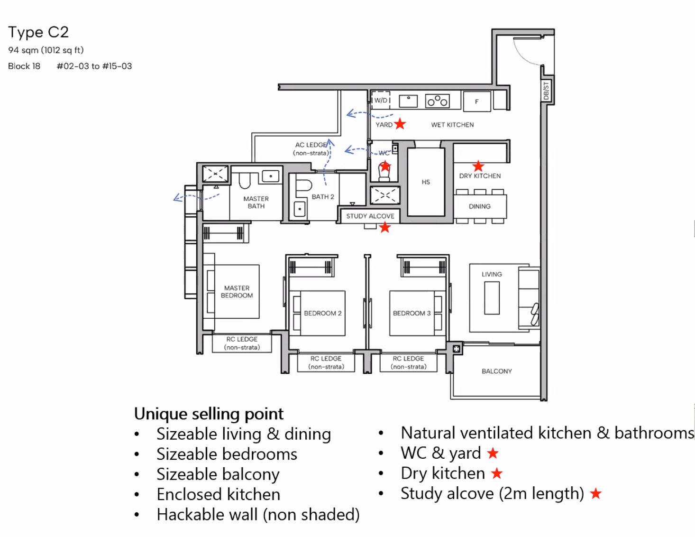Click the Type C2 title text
38,32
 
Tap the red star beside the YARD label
400,124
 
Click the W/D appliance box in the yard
381,100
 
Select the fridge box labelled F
476,102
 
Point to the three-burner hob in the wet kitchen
437,101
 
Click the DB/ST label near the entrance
546,91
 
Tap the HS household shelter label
426,182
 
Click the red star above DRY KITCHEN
478,166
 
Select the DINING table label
480,206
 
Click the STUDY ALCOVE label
370,216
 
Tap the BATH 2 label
323,197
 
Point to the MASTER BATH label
256,203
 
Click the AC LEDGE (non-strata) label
311,149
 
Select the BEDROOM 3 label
412,313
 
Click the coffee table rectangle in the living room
492,298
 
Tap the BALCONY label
496,371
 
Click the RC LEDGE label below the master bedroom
242,343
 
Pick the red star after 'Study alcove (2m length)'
596,494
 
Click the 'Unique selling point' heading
209,414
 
